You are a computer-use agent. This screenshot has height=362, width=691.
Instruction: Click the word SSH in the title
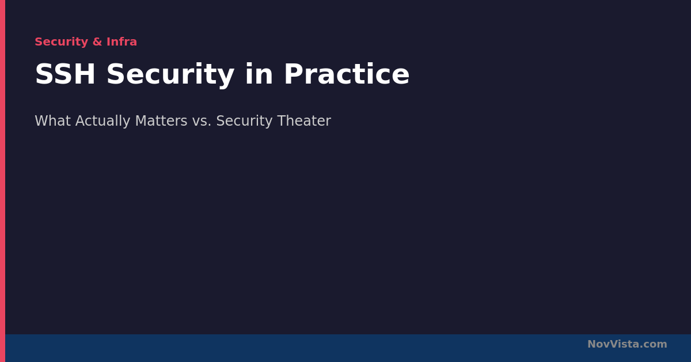[x=65, y=74]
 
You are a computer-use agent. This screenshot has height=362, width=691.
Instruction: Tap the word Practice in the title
[x=347, y=74]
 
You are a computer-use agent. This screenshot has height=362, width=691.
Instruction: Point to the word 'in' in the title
[x=259, y=74]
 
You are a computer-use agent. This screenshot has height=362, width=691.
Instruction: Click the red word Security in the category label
[x=62, y=42]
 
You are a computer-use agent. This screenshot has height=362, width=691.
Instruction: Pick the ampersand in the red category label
[x=97, y=42]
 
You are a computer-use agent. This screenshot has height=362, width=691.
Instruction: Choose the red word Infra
[x=122, y=42]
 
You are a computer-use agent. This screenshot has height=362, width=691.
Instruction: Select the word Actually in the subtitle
[x=102, y=121]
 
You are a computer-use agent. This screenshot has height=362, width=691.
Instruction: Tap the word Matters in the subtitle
[x=161, y=120]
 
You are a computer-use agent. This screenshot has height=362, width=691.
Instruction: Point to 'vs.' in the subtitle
[x=202, y=121]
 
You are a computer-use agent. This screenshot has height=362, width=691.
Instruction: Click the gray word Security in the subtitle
[x=244, y=121]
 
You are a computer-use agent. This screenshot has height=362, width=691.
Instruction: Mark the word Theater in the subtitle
[x=304, y=120]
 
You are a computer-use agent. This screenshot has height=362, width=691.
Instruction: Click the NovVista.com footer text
[x=627, y=344]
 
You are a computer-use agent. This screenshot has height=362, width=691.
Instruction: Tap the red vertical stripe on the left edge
[x=2, y=181]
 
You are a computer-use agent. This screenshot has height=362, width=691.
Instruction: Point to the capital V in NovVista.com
[x=613, y=344]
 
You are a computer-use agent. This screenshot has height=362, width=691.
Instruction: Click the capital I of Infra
[x=108, y=42]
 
